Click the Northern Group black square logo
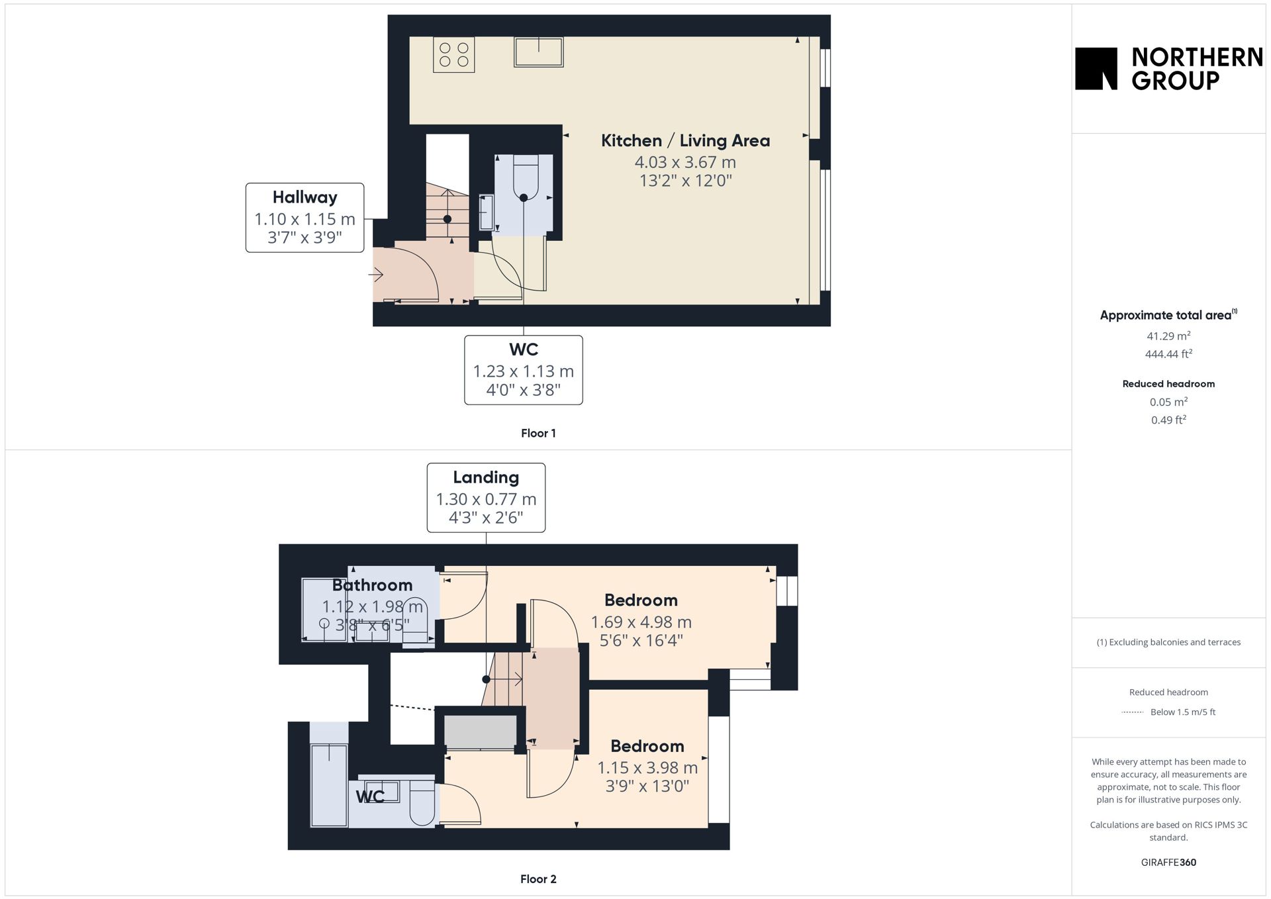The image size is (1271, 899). [1096, 68]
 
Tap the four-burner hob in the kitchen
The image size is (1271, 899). [454, 54]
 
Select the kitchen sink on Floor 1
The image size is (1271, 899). [538, 52]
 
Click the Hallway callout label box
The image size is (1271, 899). [305, 218]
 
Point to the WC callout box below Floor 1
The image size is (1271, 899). [524, 370]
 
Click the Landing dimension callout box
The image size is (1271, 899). [486, 498]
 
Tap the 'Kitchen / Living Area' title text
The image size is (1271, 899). [685, 140]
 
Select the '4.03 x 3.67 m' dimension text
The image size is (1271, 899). [685, 162]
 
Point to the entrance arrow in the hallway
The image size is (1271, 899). [376, 274]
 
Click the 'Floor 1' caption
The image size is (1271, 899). [538, 433]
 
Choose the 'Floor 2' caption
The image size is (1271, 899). [538, 879]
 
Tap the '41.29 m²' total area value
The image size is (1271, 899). [1168, 336]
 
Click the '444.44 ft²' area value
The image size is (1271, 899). [1168, 354]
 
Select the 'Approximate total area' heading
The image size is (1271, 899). [1168, 315]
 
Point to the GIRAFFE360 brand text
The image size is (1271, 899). [1168, 863]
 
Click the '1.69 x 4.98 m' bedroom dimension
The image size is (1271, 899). [641, 622]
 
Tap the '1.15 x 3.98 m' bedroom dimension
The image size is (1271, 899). [647, 768]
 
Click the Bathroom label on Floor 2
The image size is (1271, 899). [372, 585]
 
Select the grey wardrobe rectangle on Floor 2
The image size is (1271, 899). [480, 732]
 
